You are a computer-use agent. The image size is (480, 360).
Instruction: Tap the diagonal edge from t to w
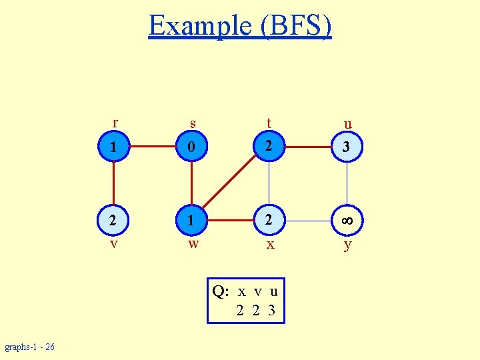[231, 182]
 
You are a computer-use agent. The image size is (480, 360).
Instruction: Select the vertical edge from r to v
[114, 183]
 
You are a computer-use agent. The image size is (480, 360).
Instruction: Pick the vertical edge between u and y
[347, 183]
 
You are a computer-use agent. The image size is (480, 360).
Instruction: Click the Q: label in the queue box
[221, 291]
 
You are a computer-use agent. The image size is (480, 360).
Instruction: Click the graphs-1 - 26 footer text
[30, 347]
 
